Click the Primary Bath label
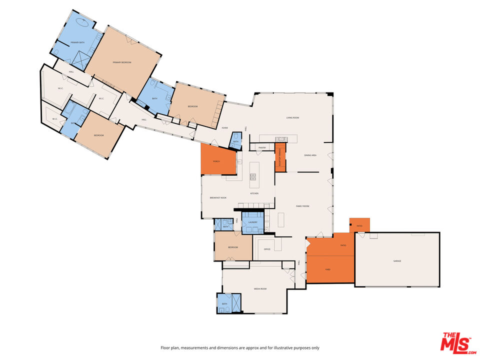(77, 42)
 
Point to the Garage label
(397, 260)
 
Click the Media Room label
(260, 288)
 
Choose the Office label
(267, 248)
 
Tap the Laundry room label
(253, 222)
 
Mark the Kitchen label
(254, 193)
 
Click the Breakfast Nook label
(218, 197)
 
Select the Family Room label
(302, 206)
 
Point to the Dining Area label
(310, 155)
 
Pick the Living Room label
(292, 117)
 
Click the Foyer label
(225, 128)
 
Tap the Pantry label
(261, 148)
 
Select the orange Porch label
(216, 161)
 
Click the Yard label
(328, 269)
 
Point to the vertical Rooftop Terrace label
(280, 157)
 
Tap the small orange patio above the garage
(359, 225)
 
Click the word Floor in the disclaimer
(164, 347)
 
